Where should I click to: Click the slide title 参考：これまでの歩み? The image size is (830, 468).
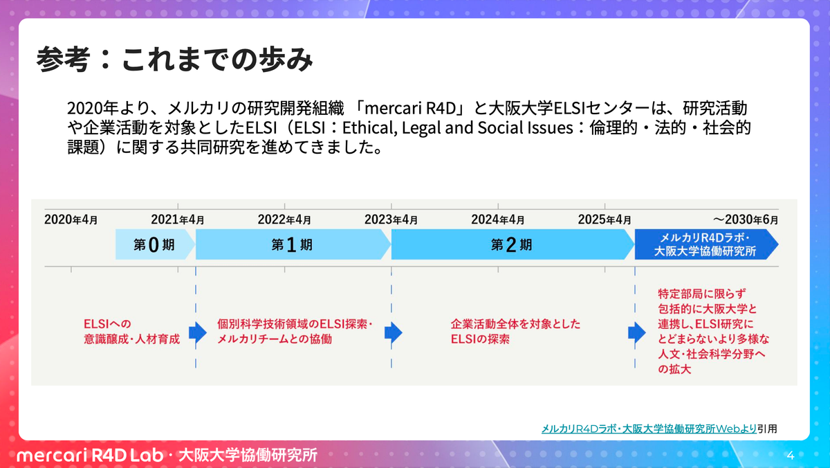click(175, 61)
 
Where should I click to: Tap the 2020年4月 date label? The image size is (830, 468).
click(71, 220)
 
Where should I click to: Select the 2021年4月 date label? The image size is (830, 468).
click(178, 220)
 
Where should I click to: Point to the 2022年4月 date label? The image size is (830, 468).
click(284, 220)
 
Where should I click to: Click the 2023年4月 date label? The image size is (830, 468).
click(391, 220)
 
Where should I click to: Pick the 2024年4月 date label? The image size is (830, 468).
click(497, 220)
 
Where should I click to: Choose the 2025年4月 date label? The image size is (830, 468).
click(605, 220)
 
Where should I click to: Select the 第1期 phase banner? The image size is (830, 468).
click(292, 244)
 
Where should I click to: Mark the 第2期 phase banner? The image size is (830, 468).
click(512, 244)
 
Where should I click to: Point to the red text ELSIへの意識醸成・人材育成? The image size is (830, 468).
click(131, 332)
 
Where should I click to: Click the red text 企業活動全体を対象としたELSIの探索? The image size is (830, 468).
click(515, 332)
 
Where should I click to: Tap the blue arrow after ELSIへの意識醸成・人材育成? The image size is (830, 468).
click(198, 333)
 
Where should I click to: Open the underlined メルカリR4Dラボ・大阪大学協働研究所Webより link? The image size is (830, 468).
click(649, 429)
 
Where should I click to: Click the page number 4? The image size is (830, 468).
click(791, 456)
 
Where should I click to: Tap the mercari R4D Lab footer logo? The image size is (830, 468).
click(88, 456)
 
